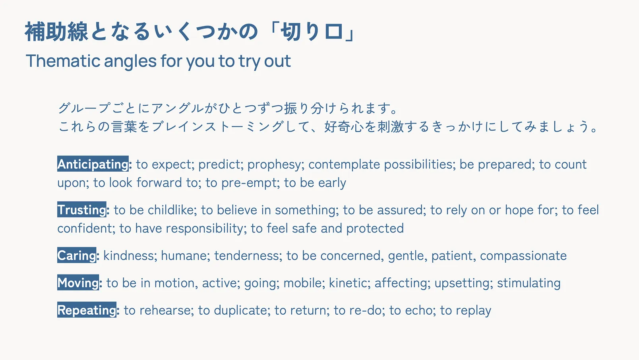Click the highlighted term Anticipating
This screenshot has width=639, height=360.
[x=93, y=164]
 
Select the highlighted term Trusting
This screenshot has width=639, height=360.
[x=82, y=209]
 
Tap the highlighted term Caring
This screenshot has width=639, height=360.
[x=77, y=255]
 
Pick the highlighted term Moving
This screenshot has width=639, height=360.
[x=78, y=283]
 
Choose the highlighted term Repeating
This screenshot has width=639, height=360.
[x=87, y=310]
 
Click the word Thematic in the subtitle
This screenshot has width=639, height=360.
[x=63, y=61]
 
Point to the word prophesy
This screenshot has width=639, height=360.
[x=274, y=165]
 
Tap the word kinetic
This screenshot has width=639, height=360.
[x=349, y=283]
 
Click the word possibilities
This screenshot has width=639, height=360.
[x=420, y=165]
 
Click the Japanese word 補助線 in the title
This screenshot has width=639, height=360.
[x=56, y=31]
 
